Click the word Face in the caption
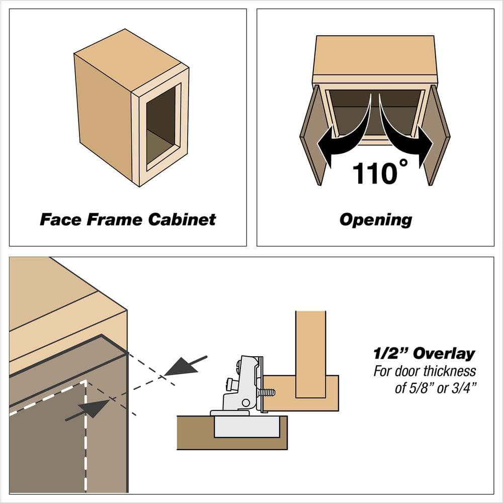[60, 220]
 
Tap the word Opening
[376, 220]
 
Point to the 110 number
[374, 174]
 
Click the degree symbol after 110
[404, 163]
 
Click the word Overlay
[444, 354]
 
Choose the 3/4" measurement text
[463, 388]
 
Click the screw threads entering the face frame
[269, 392]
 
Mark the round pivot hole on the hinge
[246, 402]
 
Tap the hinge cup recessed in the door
[246, 426]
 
